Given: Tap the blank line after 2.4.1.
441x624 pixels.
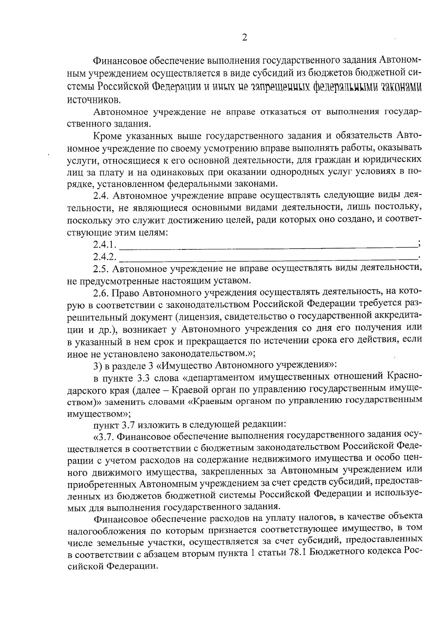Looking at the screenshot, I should point(268,246).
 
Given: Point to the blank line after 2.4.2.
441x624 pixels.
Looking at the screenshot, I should point(268,258).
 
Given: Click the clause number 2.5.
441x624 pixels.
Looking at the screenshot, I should point(101,269).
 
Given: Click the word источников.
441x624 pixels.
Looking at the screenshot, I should point(94,99).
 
